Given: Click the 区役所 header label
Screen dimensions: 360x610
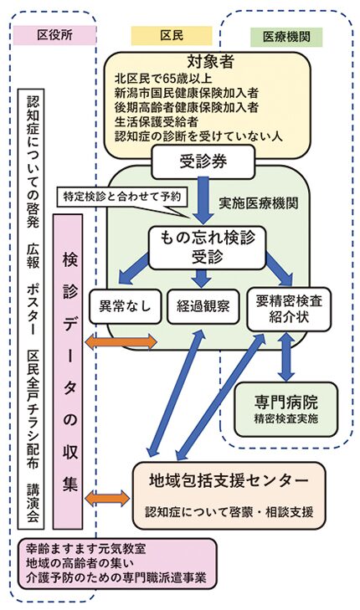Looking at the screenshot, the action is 54,35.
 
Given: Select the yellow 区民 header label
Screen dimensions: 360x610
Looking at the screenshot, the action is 172,36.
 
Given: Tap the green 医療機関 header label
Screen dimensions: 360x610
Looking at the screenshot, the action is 286,38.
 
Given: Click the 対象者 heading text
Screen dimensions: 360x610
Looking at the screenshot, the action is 210,61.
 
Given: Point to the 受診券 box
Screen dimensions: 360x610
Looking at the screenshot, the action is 203,161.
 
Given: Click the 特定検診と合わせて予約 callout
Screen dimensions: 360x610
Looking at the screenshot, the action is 122,197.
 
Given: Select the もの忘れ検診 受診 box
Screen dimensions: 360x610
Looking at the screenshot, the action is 207,248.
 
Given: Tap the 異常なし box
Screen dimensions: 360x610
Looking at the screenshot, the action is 126,306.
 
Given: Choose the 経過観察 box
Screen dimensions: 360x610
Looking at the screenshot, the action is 203,306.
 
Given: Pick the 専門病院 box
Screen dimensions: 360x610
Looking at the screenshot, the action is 286,409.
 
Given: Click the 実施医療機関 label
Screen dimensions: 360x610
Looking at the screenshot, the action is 259,203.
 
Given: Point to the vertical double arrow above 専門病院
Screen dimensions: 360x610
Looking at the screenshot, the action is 286,356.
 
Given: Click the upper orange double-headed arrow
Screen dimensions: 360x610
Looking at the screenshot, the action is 121,342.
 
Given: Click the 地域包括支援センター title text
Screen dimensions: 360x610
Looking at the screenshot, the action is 229,481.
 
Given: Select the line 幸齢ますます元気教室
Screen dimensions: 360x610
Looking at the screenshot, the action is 86,549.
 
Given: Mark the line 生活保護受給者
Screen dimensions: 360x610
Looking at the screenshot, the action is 157,122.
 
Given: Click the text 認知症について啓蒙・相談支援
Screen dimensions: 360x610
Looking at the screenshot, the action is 229,511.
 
